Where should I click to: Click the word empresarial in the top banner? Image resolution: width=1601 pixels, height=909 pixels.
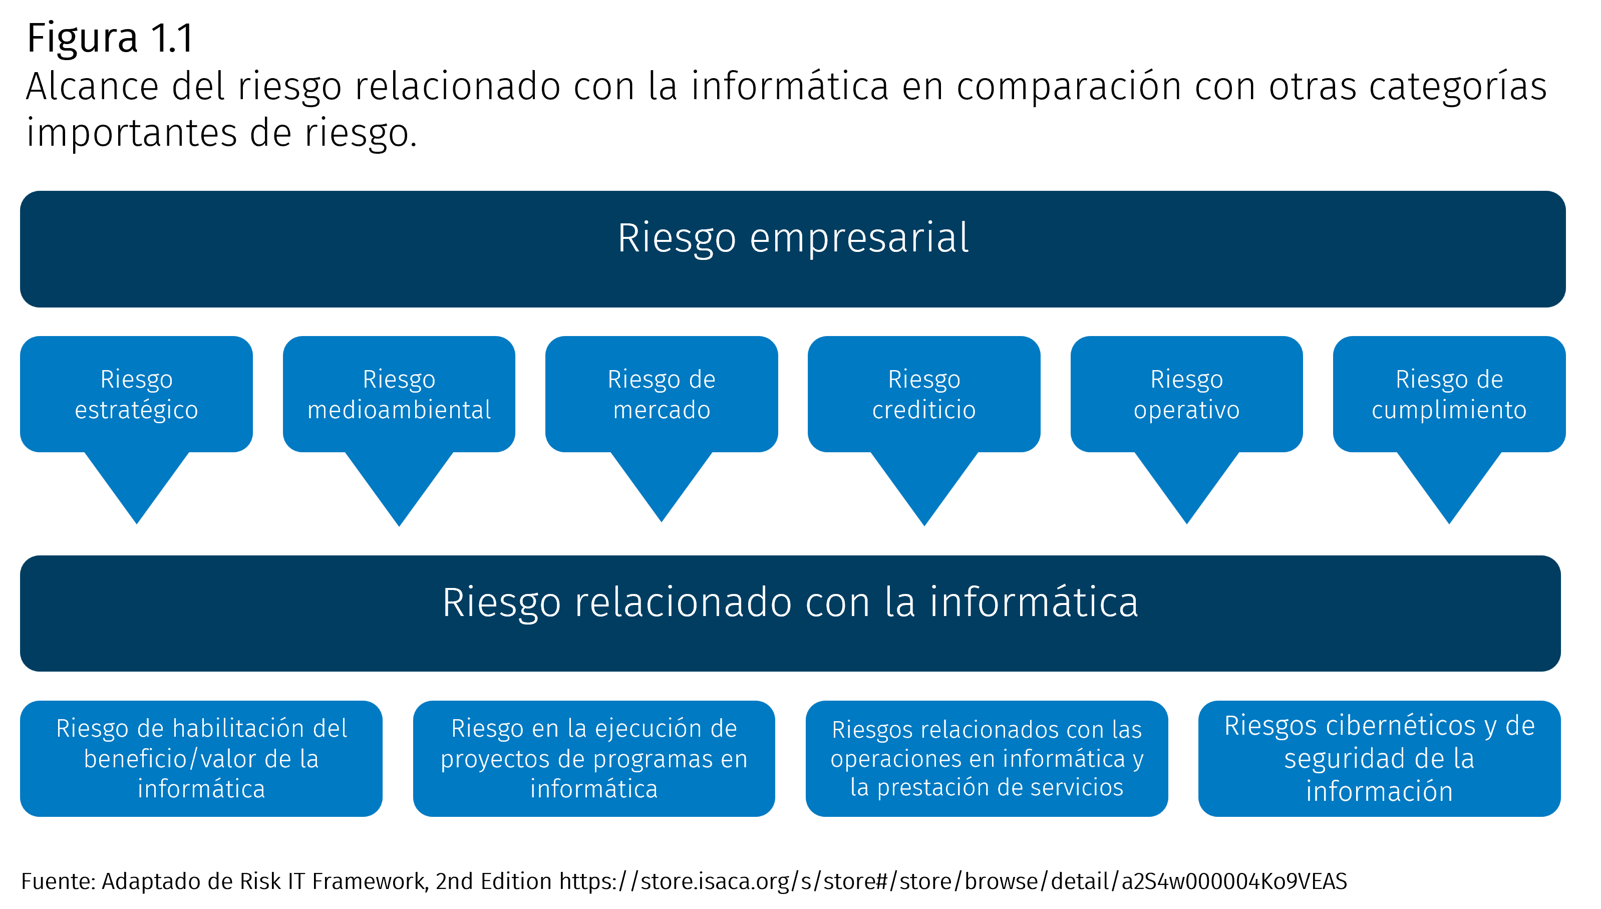pos(859,238)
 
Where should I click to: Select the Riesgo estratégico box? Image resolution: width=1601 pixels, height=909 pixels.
pos(136,394)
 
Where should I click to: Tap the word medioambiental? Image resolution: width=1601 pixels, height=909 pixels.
pos(399,410)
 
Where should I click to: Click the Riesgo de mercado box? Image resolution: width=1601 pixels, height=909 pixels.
pos(661,394)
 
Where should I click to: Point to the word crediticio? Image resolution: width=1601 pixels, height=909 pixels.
pos(924,410)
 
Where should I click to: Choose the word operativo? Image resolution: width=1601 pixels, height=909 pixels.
pos(1186,410)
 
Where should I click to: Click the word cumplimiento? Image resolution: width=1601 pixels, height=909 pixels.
pos(1449,410)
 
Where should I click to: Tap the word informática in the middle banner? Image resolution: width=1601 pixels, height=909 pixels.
pos(1034,602)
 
